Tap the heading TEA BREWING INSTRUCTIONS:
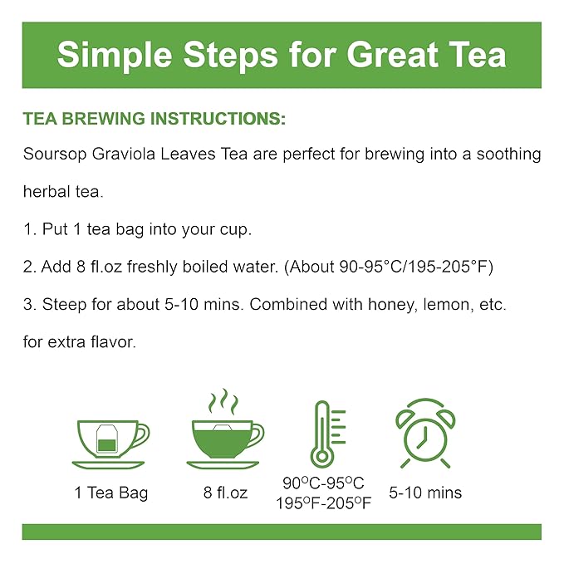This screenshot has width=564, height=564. pyautogui.click(x=154, y=120)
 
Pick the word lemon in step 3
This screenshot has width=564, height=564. pyautogui.click(x=457, y=305)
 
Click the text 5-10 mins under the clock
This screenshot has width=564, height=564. pyautogui.click(x=425, y=493)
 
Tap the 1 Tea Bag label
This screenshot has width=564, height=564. pyautogui.click(x=110, y=493)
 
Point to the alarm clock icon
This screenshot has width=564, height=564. pyautogui.click(x=425, y=433)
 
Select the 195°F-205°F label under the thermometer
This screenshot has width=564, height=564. pyautogui.click(x=323, y=503)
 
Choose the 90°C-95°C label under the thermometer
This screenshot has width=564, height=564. pyautogui.click(x=323, y=483)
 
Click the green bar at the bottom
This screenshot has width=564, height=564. pyautogui.click(x=282, y=532)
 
